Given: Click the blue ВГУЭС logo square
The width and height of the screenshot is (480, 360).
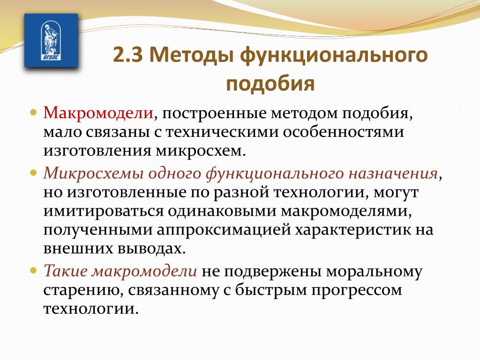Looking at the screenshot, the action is [51, 40].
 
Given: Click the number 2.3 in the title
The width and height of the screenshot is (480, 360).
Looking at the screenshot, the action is [127, 55].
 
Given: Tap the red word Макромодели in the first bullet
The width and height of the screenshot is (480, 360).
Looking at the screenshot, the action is [98, 113].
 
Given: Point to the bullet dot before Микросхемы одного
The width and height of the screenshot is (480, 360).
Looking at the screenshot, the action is [34, 173].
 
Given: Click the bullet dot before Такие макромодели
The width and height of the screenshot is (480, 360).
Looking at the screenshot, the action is [34, 270].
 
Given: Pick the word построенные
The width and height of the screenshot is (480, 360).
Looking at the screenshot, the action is [214, 113].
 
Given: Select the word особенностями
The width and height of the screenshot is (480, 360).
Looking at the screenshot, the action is [343, 132].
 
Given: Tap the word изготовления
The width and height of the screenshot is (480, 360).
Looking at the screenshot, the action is [97, 151].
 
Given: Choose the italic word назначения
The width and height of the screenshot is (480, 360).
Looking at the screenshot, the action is [393, 173].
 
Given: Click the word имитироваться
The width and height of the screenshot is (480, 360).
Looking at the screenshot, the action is [104, 211].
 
